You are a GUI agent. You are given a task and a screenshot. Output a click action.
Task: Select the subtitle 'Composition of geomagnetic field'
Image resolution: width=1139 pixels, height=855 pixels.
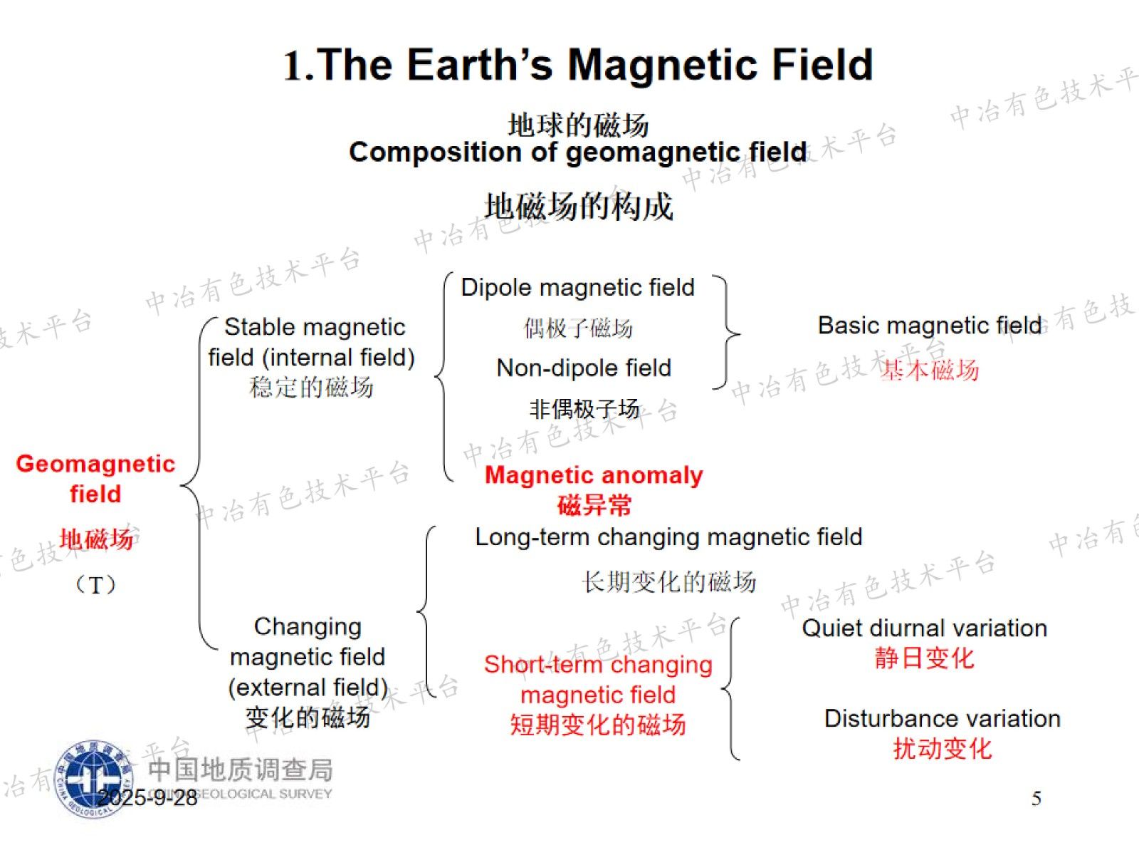click(578, 152)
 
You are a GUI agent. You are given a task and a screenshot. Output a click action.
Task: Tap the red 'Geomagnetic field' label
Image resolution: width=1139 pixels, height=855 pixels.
click(95, 478)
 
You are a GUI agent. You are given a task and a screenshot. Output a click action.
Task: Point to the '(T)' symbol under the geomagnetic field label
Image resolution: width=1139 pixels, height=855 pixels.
click(95, 585)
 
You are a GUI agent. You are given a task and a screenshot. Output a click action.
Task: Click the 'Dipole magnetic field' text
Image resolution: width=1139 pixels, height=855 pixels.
click(577, 287)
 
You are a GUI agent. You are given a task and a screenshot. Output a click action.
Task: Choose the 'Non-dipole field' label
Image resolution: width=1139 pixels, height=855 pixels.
click(584, 368)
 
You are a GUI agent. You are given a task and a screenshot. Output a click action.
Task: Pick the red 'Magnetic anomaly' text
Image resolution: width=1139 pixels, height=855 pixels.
click(594, 475)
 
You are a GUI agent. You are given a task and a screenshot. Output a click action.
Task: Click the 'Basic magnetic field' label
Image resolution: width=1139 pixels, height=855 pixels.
click(930, 326)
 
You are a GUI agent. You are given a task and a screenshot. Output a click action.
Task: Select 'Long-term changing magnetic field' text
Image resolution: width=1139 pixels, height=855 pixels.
click(669, 537)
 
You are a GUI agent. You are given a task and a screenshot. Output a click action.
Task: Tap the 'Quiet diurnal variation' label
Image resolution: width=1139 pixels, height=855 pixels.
click(925, 628)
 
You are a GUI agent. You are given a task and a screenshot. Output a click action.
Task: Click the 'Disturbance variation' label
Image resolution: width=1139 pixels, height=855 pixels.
click(943, 719)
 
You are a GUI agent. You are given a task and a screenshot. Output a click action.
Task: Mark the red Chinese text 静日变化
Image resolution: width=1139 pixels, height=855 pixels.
click(925, 658)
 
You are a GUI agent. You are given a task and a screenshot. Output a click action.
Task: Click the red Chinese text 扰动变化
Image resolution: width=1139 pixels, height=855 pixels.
click(943, 749)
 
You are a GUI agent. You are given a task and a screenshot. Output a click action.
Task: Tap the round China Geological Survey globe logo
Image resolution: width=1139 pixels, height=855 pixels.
click(94, 779)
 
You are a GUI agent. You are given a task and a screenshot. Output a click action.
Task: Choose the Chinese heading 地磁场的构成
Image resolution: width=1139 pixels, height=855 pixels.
click(579, 207)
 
